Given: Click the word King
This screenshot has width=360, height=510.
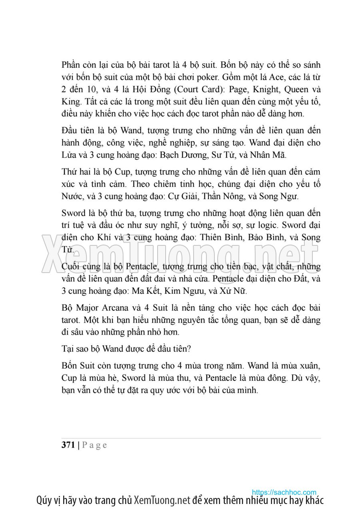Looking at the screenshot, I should click(x=71, y=101).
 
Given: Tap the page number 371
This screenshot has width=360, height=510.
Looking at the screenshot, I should click(x=68, y=445).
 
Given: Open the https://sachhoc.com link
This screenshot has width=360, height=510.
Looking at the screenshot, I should click(x=284, y=492).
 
